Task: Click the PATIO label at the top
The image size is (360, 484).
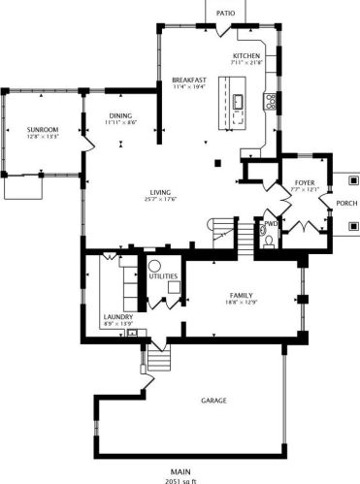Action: point(225,14)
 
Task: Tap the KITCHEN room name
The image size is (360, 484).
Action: point(246,57)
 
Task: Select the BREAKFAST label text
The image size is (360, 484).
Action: point(190,79)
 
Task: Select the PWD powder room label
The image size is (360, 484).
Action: point(271,223)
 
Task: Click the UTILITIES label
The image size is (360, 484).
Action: point(162,276)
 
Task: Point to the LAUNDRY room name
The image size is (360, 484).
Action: point(117,316)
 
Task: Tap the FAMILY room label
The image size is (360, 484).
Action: point(243,295)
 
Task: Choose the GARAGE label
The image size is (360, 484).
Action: point(214,401)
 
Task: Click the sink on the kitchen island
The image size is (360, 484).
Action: point(238,100)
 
